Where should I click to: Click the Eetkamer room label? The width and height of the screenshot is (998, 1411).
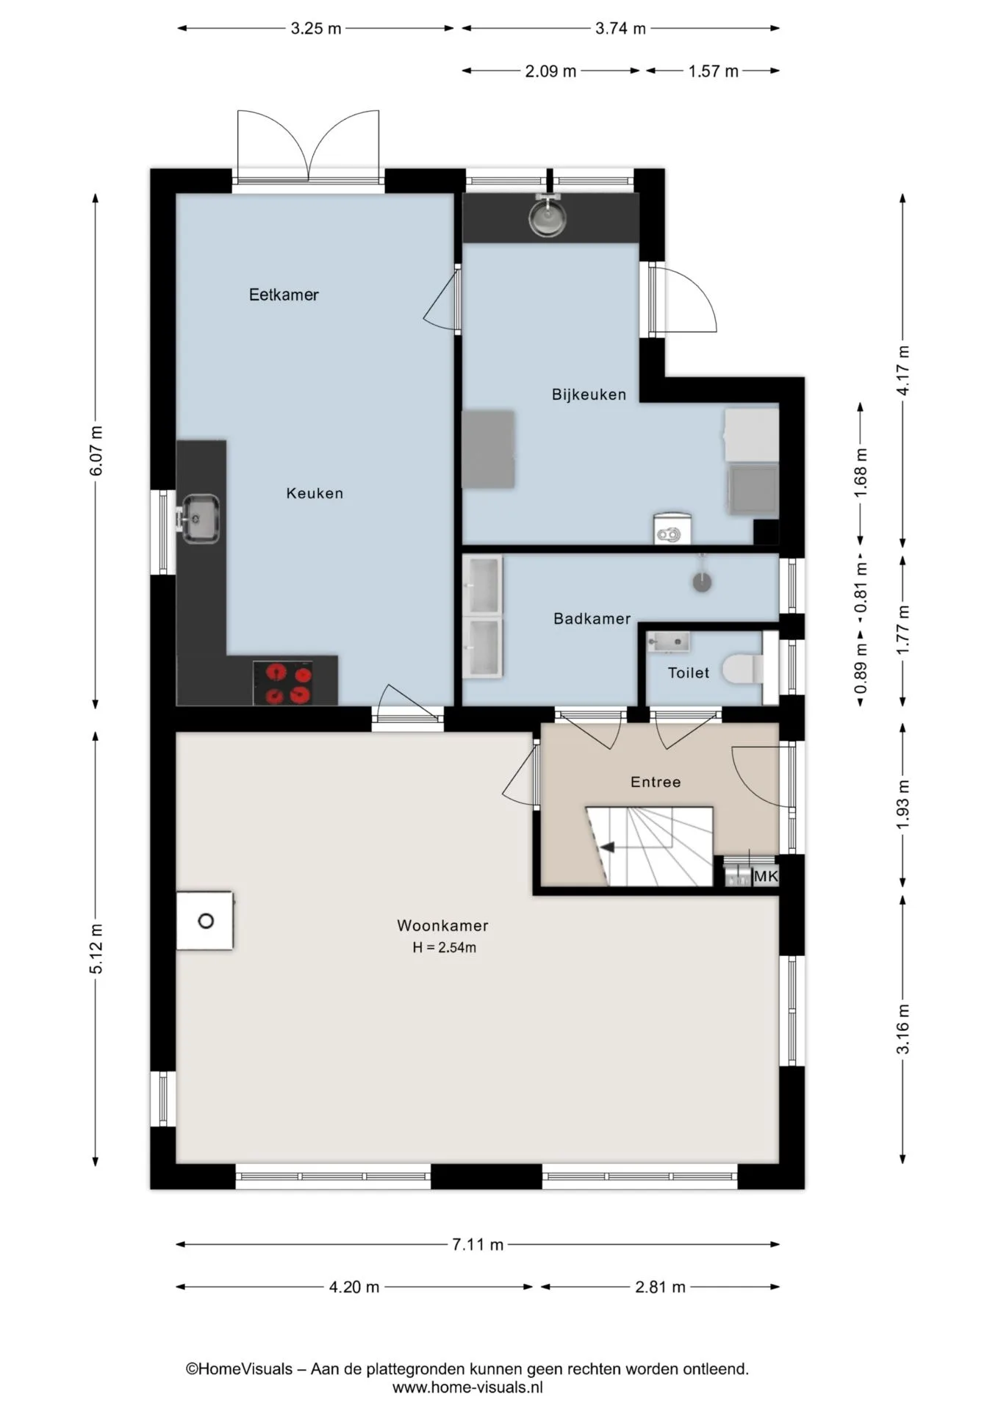[284, 295]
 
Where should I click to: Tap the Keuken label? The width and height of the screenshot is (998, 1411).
[315, 493]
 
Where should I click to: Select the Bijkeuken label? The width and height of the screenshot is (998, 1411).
[589, 395]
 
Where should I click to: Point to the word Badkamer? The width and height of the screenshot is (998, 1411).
[592, 619]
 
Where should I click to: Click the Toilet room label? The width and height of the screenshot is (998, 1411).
[689, 672]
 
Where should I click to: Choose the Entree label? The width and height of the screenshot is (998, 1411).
[656, 782]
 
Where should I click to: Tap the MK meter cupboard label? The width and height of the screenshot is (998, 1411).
[765, 876]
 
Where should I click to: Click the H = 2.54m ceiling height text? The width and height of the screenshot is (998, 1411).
[444, 948]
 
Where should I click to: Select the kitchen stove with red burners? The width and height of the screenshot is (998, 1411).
[283, 683]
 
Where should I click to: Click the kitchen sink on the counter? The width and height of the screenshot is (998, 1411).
[199, 519]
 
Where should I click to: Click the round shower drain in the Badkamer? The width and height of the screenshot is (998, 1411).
[703, 583]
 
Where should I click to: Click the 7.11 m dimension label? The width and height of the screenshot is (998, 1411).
[478, 1244]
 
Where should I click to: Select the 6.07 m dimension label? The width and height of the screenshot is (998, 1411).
[96, 450]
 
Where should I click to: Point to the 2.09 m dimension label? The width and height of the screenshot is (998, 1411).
[550, 71]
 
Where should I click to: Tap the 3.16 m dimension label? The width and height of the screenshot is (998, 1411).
[903, 1029]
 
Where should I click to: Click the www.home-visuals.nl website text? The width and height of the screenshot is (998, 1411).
[467, 1387]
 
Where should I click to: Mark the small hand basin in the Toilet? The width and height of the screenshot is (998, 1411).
[667, 642]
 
